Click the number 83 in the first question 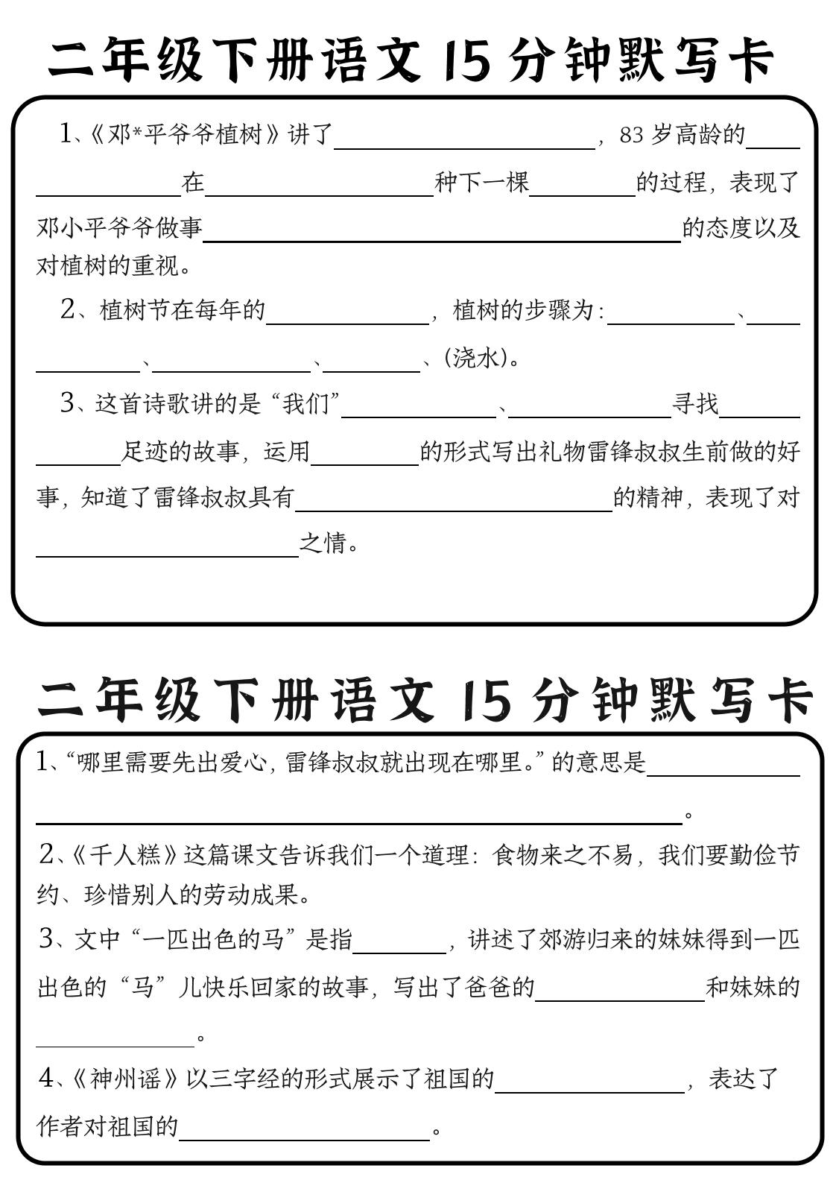[x=630, y=135]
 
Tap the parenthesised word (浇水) [x=477, y=358]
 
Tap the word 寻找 [x=695, y=404]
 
